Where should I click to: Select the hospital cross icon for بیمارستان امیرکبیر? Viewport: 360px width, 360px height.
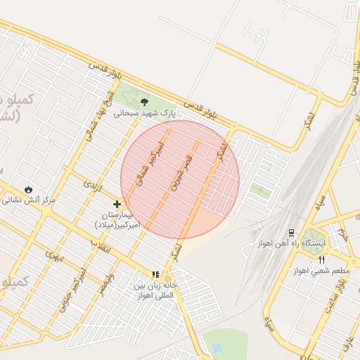pos(117,205)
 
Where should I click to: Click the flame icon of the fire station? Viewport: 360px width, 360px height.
pos(27,190)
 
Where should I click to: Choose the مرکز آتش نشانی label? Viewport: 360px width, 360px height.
pos(28,200)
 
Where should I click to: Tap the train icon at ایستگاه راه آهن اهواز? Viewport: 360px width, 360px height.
pos(291,233)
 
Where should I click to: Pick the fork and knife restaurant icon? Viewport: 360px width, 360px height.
pos(321,259)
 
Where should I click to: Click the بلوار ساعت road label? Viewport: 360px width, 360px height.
pos(344,290)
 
